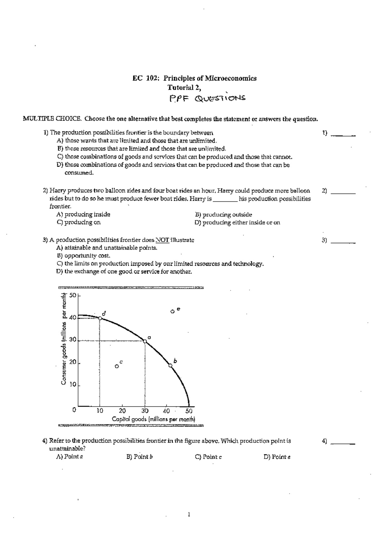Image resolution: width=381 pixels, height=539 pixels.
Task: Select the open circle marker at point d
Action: coord(100,318)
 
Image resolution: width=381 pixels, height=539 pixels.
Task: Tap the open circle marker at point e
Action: coord(172,312)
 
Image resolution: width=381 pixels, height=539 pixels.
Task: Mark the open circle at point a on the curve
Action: coord(145,341)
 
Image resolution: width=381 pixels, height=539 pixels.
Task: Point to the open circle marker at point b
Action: coord(170,365)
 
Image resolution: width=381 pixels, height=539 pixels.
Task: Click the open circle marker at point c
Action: coord(117,366)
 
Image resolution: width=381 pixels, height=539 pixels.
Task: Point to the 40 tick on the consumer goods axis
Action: coord(73,317)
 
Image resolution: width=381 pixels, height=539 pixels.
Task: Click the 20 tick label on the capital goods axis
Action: coord(122,411)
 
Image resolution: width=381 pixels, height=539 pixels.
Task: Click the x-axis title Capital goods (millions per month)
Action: coord(153,419)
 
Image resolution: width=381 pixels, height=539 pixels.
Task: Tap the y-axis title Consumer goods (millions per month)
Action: coord(64,340)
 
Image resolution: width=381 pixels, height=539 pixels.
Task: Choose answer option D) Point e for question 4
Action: coord(277,457)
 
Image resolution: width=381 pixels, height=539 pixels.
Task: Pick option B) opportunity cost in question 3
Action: coord(84,256)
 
